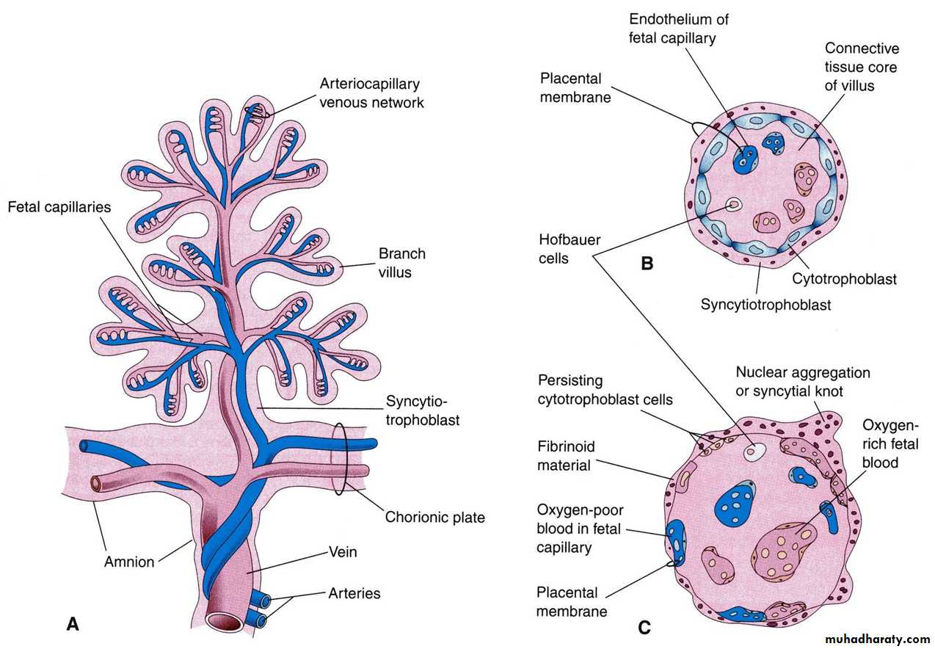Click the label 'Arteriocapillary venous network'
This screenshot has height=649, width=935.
pos(371,93)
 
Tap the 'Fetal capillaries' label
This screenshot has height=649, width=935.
pos(59,207)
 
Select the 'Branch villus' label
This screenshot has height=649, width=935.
pos(401,263)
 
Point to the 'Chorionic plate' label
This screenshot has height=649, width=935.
pos(434,517)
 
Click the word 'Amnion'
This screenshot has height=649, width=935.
pos(129,562)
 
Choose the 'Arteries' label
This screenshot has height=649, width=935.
pos(354,592)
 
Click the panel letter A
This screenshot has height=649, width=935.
pos(72,624)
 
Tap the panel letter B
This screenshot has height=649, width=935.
pos(647,263)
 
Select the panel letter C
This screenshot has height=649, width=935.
pos(644,627)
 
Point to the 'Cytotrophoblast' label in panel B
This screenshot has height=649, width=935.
pos(844,279)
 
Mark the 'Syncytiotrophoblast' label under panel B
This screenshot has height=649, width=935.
pos(765,304)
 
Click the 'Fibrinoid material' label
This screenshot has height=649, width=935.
pos(566,455)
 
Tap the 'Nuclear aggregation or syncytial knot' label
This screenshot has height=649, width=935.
pos(803,382)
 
